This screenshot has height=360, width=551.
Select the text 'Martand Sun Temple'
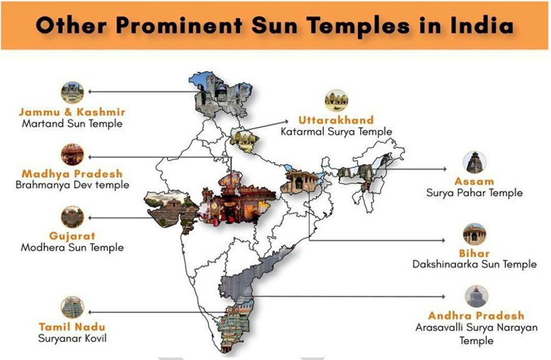[x=72, y=123]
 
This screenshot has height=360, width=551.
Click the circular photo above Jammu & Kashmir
[x=72, y=92]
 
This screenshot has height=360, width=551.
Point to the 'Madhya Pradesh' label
[x=72, y=174]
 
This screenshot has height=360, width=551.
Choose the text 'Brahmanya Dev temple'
[x=72, y=185]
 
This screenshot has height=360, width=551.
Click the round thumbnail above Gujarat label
[x=72, y=217]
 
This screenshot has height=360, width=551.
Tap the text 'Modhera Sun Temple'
[x=72, y=248]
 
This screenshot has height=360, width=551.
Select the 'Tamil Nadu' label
[x=72, y=326]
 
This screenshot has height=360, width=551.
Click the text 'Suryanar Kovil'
[x=72, y=338]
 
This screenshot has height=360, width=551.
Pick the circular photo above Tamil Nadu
[x=72, y=307]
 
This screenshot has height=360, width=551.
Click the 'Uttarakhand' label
[x=336, y=120]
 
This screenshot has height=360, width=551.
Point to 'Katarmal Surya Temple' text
[x=336, y=132]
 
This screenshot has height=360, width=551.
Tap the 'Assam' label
[x=474, y=181]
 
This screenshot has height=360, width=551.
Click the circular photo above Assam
[x=474, y=162]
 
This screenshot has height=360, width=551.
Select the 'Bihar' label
[x=474, y=253]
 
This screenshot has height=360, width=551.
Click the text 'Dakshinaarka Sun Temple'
[x=474, y=264]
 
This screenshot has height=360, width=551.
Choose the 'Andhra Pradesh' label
[x=476, y=316]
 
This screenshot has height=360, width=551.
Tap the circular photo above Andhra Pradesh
[x=476, y=296]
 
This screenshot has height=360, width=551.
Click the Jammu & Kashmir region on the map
[x=217, y=94]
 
